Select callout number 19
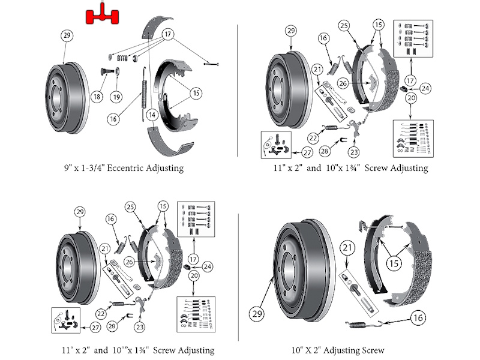click(116, 96)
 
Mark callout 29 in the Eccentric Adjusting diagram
click(67, 35)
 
